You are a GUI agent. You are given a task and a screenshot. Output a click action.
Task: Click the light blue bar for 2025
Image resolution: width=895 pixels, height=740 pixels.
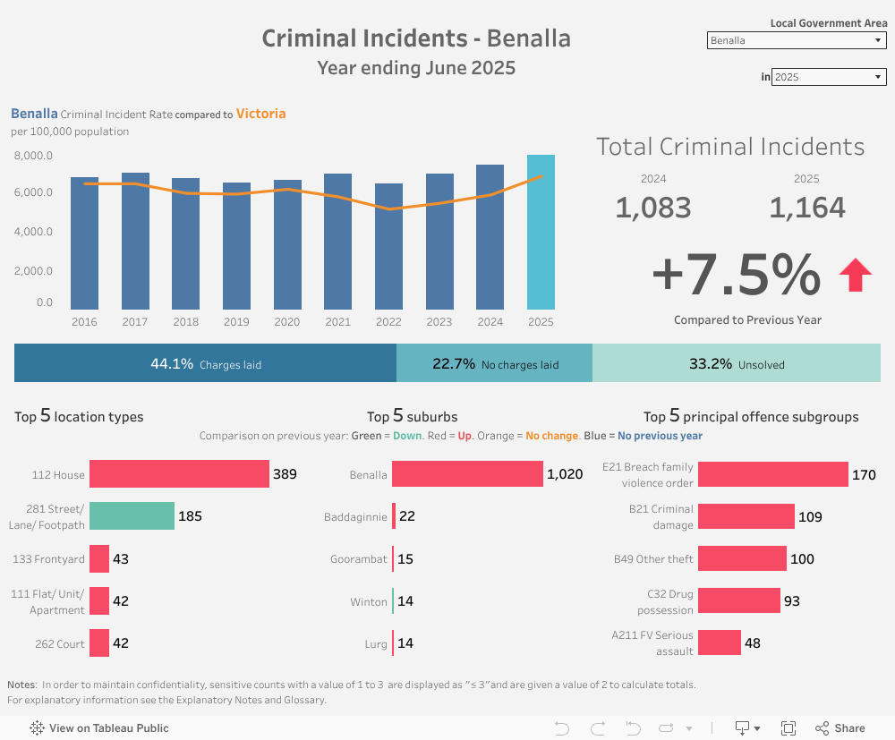(x=541, y=233)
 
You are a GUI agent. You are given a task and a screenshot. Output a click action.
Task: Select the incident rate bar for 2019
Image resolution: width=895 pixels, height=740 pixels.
(x=236, y=246)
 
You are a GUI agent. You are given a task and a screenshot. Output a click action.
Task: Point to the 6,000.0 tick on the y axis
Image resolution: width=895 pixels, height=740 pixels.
(x=34, y=193)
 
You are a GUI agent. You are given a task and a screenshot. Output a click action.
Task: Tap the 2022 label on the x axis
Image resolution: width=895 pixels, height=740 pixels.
(x=388, y=322)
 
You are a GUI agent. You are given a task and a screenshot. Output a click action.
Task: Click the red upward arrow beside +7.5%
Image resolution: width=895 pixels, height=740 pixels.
(x=855, y=275)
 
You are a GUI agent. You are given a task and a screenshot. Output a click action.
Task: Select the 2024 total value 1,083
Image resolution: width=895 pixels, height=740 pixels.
(x=653, y=208)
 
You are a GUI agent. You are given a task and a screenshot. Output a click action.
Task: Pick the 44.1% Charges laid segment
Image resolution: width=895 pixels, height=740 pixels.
(x=205, y=363)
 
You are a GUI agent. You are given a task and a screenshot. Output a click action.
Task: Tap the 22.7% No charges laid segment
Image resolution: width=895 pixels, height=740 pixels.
(x=494, y=363)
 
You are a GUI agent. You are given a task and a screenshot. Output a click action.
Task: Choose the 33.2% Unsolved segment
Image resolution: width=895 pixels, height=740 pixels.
(x=736, y=363)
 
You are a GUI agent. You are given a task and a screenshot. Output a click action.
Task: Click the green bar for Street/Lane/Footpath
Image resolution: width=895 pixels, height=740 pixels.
(x=132, y=516)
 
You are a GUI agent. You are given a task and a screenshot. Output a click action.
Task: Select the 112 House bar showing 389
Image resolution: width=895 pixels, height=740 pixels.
(x=179, y=474)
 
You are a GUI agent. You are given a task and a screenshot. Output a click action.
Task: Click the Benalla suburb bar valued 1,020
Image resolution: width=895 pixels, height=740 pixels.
(x=467, y=474)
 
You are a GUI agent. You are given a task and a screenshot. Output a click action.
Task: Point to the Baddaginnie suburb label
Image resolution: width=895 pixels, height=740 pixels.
(x=355, y=517)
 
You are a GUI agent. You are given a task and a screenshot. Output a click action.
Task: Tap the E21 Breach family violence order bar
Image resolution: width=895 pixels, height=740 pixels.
(x=772, y=474)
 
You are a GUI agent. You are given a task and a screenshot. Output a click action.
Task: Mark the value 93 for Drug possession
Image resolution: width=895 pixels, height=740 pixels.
(x=792, y=601)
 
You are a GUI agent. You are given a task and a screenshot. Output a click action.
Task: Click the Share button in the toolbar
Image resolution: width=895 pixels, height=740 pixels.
(x=840, y=728)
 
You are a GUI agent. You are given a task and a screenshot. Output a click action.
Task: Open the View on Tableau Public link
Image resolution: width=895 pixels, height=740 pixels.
(x=99, y=728)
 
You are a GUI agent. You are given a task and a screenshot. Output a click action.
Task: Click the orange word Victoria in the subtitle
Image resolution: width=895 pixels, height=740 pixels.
(x=260, y=114)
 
